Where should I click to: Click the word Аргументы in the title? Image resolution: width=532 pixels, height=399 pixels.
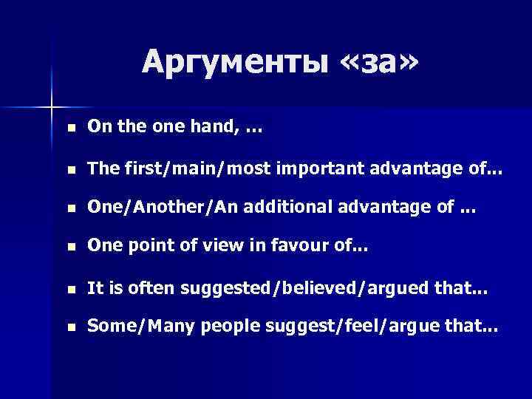coord(234,61)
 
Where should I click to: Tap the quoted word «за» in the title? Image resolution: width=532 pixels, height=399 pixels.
coord(378,61)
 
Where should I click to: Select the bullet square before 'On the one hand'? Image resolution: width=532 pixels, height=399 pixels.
coord(69,129)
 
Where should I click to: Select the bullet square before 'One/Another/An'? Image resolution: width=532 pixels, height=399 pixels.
coord(69,210)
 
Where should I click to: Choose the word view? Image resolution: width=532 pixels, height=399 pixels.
coord(196,250)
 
